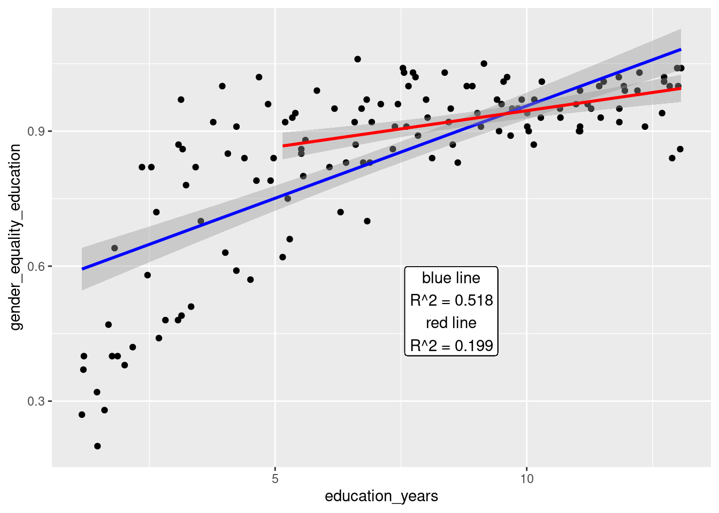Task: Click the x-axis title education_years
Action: (x=381, y=496)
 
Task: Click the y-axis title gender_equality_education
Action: (x=16, y=237)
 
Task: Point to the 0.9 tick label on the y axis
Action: (x=36, y=131)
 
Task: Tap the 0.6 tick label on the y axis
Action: (x=36, y=267)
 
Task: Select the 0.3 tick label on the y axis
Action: (x=36, y=401)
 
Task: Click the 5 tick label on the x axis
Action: (x=275, y=479)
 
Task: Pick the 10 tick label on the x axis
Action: (x=527, y=479)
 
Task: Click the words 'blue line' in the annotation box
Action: (x=451, y=278)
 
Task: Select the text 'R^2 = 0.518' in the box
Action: (x=451, y=300)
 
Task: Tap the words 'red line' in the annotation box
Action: (x=451, y=323)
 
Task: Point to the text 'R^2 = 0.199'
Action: (x=451, y=346)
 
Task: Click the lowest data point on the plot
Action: (x=97, y=446)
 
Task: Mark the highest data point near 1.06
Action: (x=357, y=59)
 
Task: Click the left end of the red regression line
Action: (x=284, y=146)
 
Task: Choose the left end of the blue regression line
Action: (x=82, y=269)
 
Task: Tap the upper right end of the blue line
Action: (x=680, y=49)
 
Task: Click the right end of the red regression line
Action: (x=680, y=88)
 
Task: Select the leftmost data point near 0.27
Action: (x=82, y=415)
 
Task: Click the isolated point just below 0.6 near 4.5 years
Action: (x=250, y=279)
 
